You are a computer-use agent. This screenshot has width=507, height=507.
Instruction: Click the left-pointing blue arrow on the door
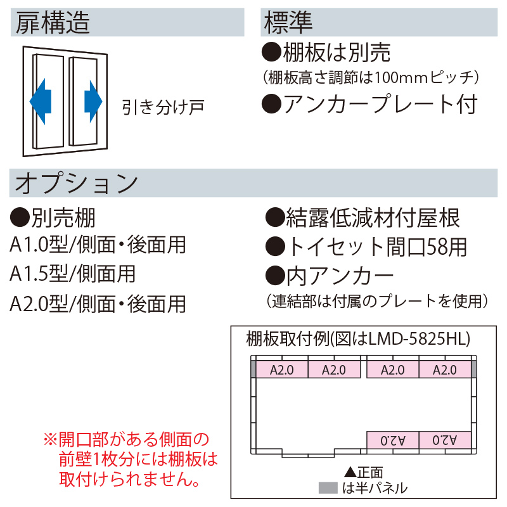pos(41,100)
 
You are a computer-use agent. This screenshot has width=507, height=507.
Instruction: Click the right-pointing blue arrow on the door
pos(93,100)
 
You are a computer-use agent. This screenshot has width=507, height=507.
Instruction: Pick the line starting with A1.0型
pos(98,245)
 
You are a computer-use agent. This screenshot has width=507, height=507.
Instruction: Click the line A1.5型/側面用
pos(73,274)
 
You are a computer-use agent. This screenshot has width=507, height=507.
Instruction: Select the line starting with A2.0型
pos(98,303)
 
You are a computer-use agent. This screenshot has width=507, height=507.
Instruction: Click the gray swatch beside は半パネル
pos(328,488)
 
